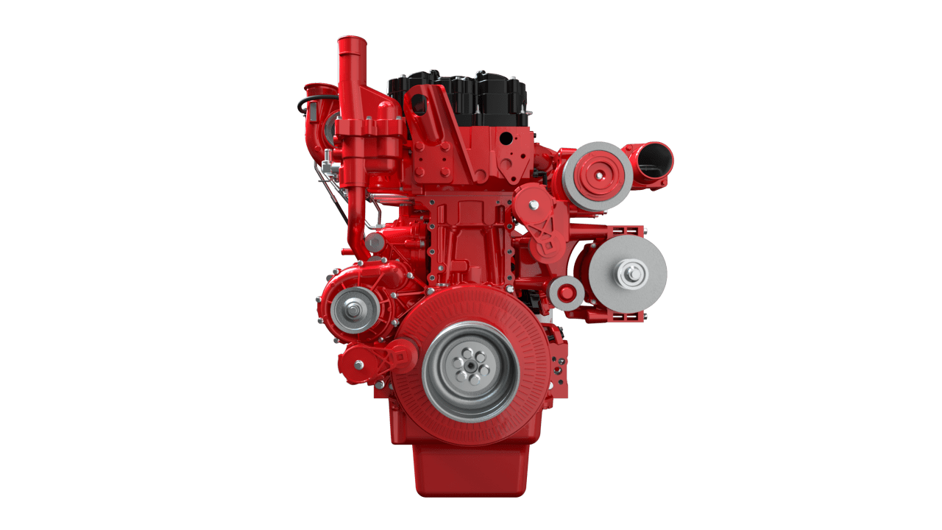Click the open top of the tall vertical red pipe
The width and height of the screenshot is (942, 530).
[x=352, y=41]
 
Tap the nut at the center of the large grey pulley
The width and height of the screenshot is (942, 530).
[x=631, y=275]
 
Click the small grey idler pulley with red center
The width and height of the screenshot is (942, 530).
[x=566, y=293]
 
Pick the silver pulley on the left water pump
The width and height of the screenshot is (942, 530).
[x=355, y=310]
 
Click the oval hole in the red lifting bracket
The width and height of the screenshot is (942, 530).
[x=419, y=103]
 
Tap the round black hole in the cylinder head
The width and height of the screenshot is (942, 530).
[x=505, y=138]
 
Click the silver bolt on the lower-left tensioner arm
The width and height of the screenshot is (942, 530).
[x=359, y=364]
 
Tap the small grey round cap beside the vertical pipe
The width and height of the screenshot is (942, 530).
[x=375, y=242]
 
